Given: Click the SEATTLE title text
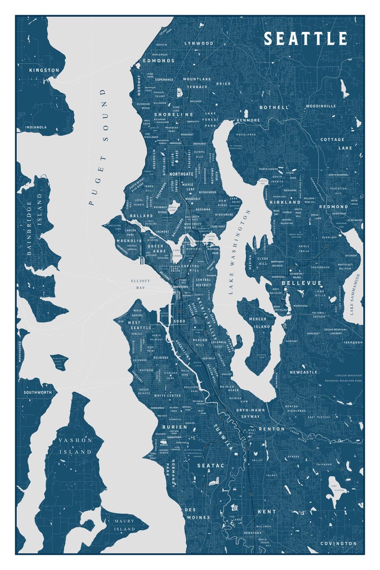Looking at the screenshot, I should (x=306, y=39).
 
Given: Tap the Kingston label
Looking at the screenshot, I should (x=44, y=70).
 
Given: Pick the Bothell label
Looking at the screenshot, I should (x=274, y=108).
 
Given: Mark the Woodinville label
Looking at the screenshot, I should (x=321, y=106).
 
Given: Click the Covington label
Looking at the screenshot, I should (x=338, y=544).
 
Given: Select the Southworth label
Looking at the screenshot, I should (x=37, y=393).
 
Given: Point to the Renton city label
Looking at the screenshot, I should (x=272, y=429).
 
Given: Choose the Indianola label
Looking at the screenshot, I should (x=37, y=127).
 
